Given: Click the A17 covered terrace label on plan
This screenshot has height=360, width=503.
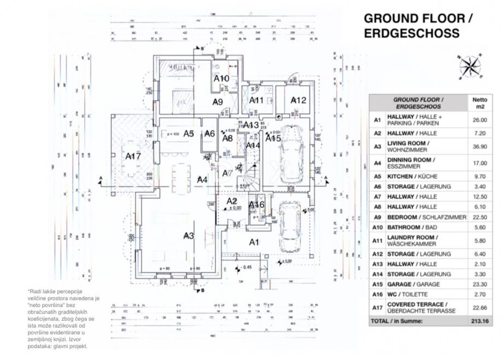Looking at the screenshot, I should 133,156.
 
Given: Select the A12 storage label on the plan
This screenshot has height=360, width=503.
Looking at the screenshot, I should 298,100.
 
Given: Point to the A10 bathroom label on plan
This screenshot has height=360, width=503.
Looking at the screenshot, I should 221,78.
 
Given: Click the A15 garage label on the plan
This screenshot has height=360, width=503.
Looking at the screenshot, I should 273,138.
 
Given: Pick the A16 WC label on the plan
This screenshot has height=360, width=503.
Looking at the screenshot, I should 256,205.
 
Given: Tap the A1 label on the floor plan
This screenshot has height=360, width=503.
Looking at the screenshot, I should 254,241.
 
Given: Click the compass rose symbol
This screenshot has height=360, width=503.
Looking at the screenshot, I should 469,67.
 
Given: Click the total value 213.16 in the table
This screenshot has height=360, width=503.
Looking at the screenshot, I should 479,321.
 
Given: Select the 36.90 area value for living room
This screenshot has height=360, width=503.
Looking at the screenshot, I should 479,147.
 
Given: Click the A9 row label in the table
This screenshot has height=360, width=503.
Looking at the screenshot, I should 377,217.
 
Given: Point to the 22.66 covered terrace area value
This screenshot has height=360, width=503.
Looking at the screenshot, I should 479,307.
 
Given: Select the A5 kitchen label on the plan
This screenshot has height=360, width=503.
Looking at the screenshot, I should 189,133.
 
